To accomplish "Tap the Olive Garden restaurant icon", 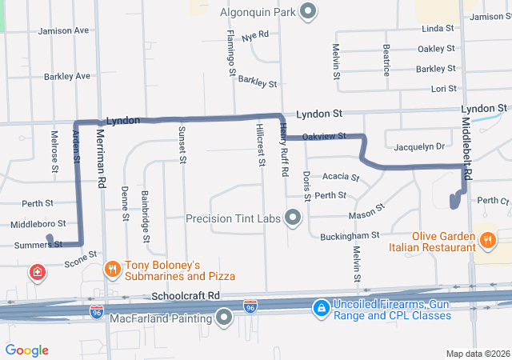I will point(487,239).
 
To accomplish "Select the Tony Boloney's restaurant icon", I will point(113,270).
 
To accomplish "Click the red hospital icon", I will point(37,274).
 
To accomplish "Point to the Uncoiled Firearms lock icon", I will point(320,308).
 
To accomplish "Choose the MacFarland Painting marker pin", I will point(224,319).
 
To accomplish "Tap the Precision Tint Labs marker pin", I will point(294,218).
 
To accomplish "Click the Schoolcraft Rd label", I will point(185,295).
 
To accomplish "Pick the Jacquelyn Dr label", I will point(418,146).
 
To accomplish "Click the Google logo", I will point(27,350).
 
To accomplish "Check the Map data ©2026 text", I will point(477,354).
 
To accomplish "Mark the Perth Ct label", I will point(493,200).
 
